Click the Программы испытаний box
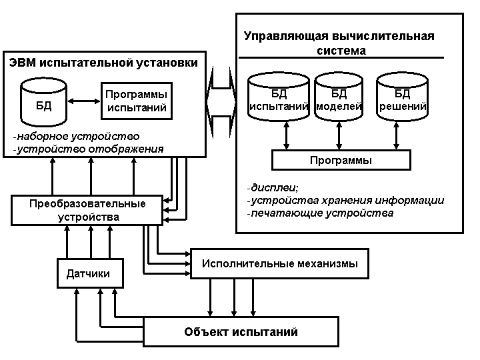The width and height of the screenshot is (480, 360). (x=136, y=101)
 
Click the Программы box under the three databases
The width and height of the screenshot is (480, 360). (x=341, y=161)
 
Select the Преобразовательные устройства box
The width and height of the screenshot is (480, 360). (x=87, y=210)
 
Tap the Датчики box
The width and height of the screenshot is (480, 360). (x=88, y=273)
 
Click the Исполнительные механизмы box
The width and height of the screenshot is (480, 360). (x=280, y=263)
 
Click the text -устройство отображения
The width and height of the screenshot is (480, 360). (x=88, y=149)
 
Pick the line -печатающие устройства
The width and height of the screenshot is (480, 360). (x=319, y=213)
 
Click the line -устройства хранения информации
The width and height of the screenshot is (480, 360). (x=345, y=200)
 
